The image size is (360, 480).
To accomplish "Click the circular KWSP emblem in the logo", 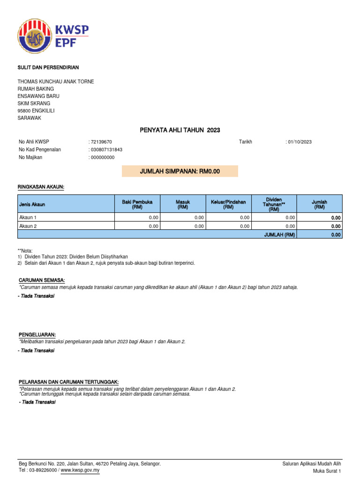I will tap(36, 36).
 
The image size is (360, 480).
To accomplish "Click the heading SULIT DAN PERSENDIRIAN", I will tap(48, 67).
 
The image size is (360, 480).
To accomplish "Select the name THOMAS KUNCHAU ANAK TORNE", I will tap(56, 82).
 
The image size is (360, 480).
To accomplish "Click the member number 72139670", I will tap(101, 142).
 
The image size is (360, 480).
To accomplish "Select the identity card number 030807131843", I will tap(107, 150).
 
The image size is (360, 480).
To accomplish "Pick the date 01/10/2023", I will tap(300, 142).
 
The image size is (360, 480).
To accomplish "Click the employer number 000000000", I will tap(103, 157).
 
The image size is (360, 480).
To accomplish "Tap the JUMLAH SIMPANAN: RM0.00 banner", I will tap(180, 172).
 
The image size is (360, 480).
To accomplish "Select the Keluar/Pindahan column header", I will tap(228, 204).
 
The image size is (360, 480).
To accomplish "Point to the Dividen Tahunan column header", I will tap(274, 204).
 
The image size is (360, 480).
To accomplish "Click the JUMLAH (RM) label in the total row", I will tap(279, 235).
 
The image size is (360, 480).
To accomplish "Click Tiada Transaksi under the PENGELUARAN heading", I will tap(37, 351).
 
